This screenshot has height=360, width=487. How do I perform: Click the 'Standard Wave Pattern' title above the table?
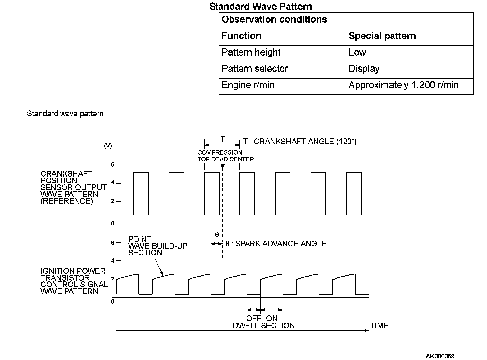coord(261,7)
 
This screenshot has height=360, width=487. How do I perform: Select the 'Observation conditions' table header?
coord(274,20)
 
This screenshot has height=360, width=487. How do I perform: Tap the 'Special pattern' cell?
coord(382,36)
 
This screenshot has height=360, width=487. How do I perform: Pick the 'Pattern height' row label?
coord(251,52)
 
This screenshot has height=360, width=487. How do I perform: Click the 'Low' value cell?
coord(357,52)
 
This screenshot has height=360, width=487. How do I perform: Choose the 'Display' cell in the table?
coord(364,69)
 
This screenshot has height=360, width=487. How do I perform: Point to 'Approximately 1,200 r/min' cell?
coord(403,85)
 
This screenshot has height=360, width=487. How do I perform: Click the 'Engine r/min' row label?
coord(248,85)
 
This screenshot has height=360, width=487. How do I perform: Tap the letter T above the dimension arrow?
coord(223,139)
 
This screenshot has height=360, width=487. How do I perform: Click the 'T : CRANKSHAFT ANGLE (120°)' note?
coord(300,142)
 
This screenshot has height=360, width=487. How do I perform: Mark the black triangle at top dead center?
coord(222,167)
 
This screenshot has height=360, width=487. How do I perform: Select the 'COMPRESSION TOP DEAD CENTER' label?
coord(225,156)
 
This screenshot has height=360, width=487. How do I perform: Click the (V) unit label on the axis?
coord(108,146)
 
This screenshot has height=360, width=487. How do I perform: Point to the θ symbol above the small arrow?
coord(217,235)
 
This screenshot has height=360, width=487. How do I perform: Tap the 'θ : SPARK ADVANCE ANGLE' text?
coord(276,244)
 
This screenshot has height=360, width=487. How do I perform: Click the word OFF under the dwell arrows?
coord(253,318)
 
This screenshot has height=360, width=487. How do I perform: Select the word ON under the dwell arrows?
coord(272,318)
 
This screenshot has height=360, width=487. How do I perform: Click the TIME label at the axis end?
coord(379,326)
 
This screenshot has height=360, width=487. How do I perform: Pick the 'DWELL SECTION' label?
coord(264,326)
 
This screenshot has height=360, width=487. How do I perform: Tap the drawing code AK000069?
coord(440,356)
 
